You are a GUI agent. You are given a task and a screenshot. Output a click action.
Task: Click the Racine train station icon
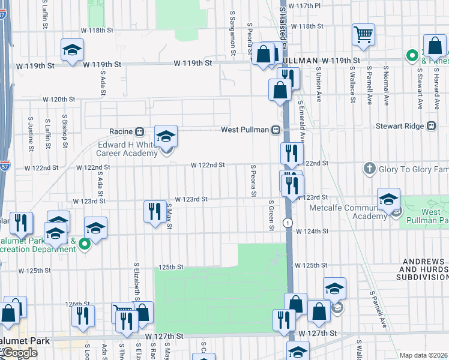point(139,131)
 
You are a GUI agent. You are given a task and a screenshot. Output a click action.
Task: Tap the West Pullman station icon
point(276,130)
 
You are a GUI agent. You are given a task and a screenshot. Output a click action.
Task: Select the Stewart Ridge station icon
point(430,126)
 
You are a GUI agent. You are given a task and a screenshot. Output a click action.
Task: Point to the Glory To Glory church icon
point(370,169)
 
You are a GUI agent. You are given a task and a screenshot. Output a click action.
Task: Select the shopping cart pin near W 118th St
point(363,35)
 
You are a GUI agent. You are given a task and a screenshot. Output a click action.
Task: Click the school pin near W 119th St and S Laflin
point(72,50)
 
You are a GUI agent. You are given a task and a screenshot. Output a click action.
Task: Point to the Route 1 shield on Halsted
point(289,223)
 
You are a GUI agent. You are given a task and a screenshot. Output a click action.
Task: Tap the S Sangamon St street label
point(232,30)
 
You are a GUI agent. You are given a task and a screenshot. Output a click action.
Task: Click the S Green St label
point(271,215)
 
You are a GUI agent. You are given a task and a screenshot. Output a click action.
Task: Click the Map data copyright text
point(424,355)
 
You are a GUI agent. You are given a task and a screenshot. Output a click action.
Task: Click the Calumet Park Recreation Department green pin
point(85,243)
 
